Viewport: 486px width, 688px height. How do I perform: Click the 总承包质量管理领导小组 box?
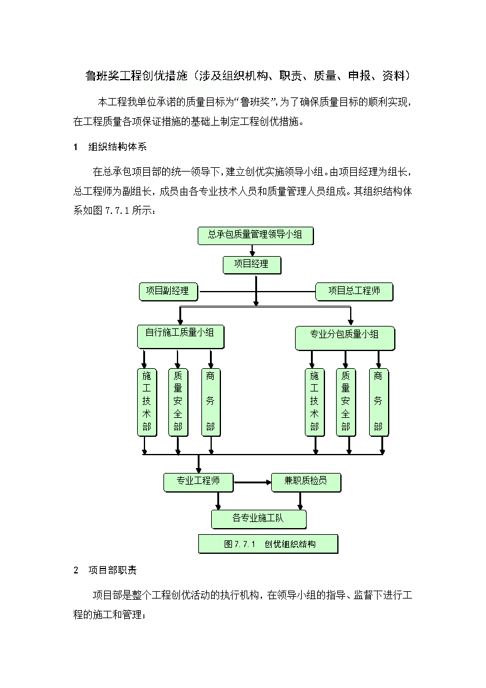coord(256,236)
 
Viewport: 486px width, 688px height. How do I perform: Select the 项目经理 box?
coord(252,265)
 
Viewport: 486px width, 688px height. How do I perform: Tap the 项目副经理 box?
coord(169,292)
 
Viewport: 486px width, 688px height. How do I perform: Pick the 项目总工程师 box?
coord(354,292)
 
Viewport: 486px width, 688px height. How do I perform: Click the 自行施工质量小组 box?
coord(181,336)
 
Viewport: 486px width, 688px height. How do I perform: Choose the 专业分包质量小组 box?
coord(345,338)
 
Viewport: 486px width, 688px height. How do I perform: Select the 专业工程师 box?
coord(198,482)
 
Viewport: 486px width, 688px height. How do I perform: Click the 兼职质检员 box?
coord(306,482)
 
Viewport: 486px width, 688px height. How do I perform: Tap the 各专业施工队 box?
coord(258,519)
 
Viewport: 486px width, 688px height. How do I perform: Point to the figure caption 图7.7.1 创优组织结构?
coord(268,544)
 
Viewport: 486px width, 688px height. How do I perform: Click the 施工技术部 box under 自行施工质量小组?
coord(147,403)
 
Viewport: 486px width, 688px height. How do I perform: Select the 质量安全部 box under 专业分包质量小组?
coord(346,403)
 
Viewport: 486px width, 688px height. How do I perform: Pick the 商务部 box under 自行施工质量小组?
coord(211,403)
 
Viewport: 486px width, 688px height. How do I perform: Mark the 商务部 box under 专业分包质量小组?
coord(379,403)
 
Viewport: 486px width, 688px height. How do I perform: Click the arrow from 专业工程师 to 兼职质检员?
coord(252,483)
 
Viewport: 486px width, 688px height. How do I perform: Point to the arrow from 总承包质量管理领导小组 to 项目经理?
coord(252,250)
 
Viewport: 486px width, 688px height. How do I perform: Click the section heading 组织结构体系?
coord(118,147)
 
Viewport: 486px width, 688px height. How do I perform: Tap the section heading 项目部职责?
coord(113,570)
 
